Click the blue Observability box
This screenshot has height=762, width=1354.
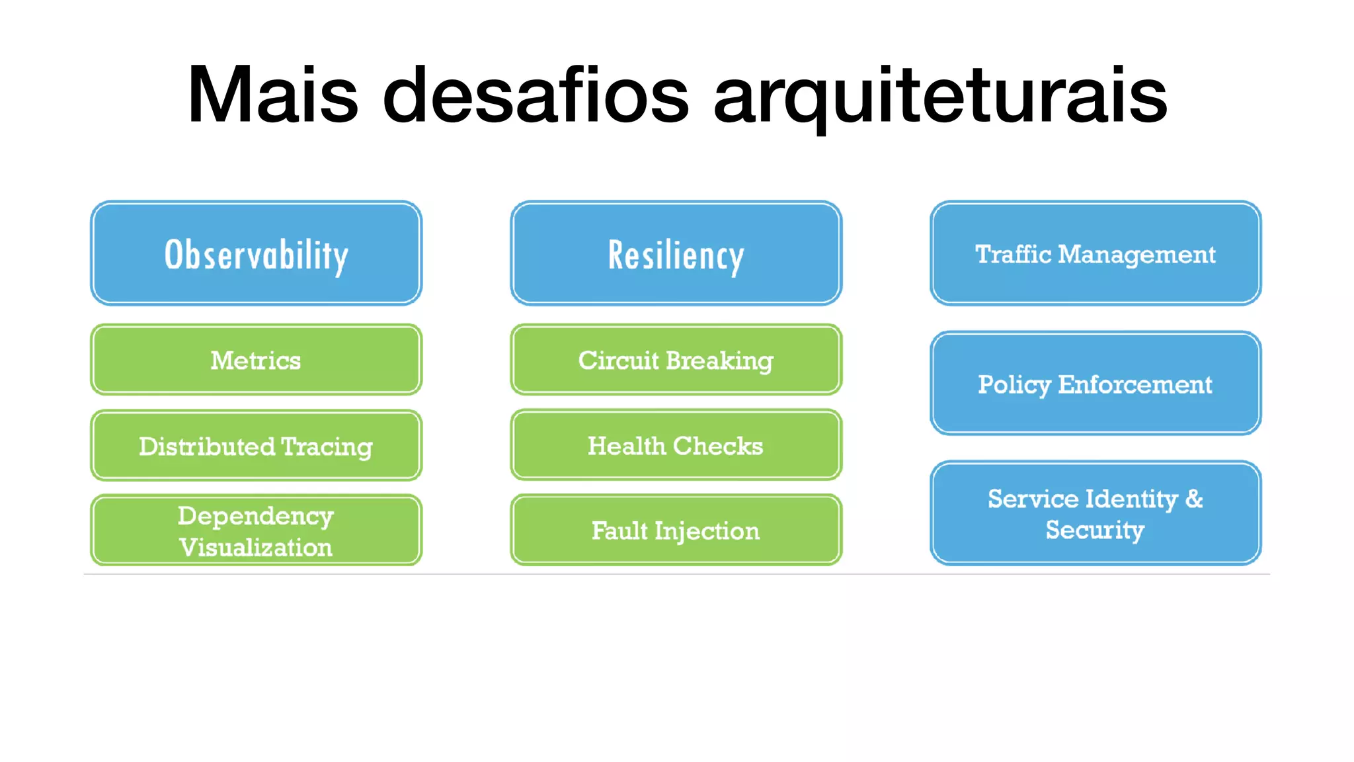256,254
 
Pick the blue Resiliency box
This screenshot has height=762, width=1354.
676,254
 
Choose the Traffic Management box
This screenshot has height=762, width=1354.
1095,254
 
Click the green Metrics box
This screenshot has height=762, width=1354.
256,360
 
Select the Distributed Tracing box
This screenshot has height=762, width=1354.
256,446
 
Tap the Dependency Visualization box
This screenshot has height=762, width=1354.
256,530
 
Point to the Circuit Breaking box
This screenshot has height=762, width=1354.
676,360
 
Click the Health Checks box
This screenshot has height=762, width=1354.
676,446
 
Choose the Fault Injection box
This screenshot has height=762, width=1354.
676,530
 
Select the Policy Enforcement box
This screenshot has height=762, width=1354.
1095,384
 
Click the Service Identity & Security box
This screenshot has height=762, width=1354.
1095,514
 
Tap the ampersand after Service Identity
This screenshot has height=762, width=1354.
1193,499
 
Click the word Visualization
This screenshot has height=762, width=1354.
256,548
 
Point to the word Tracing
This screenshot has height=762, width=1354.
327,447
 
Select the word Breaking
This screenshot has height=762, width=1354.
719,361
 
